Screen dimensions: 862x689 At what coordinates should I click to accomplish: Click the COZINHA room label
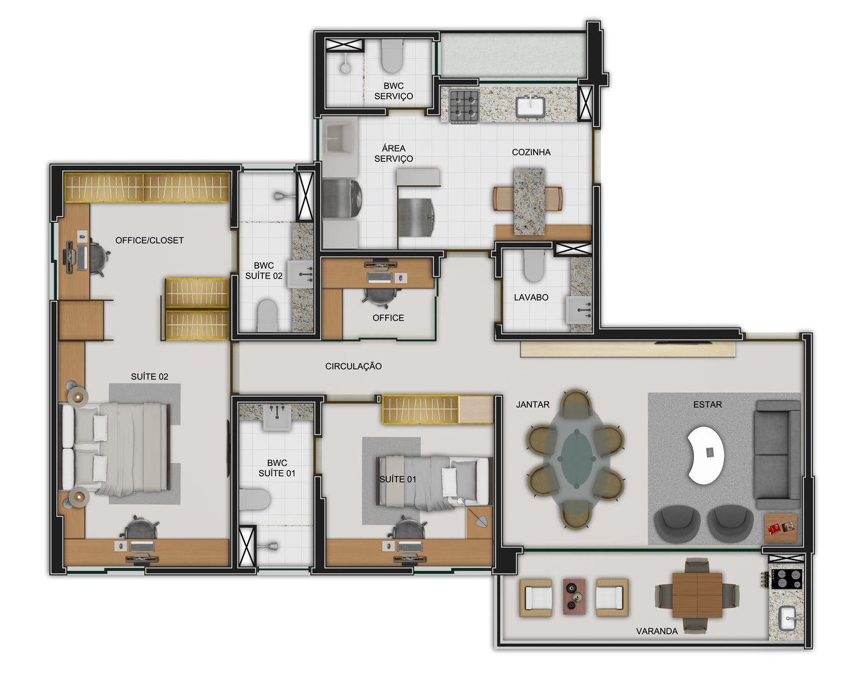tap(531, 152)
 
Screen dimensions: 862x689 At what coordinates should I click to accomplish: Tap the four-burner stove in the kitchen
tap(464, 106)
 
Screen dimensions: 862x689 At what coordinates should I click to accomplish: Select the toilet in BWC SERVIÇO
tap(391, 56)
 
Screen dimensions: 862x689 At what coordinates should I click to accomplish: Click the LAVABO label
tap(531, 297)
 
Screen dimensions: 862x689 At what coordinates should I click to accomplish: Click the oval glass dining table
tap(576, 459)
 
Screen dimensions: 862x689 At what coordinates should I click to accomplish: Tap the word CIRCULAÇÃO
tap(353, 366)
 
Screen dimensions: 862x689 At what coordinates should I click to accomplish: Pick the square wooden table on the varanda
tap(697, 595)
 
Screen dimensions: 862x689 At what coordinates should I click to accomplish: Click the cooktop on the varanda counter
tap(787, 579)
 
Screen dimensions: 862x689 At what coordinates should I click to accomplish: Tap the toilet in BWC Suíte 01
tap(255, 500)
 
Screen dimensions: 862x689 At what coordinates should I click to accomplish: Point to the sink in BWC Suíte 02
tap(301, 274)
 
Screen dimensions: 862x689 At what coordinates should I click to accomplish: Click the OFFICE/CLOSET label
tap(149, 241)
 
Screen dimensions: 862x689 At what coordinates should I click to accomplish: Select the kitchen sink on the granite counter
tap(531, 107)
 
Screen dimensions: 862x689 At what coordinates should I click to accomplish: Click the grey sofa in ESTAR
tap(777, 454)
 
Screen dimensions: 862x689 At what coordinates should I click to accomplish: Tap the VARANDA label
tap(656, 631)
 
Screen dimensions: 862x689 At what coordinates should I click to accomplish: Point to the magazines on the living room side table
tap(781, 528)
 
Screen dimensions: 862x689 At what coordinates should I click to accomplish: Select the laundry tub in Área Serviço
tap(340, 138)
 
